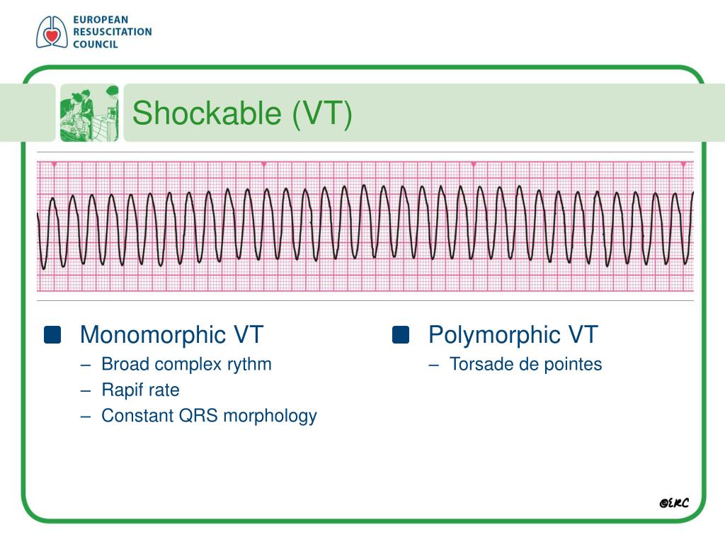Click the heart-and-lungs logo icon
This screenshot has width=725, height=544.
coord(52,32)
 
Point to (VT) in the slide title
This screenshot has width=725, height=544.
coord(323,113)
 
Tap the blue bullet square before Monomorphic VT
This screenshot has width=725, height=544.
coord(52,335)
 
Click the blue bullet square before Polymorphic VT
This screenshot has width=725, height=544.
coord(401,335)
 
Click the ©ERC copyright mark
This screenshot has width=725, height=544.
coord(673,502)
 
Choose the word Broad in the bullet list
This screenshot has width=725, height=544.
coord(125,365)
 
